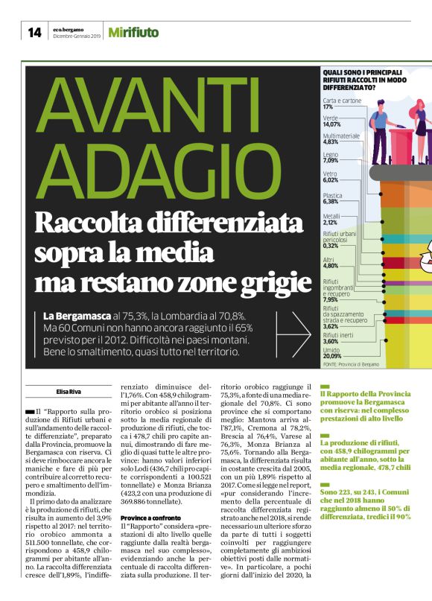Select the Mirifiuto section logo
(133, 32)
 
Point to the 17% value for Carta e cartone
(328, 106)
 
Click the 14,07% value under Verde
(331, 124)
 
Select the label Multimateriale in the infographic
(342, 136)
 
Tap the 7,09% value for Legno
(331, 160)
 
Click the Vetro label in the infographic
(330, 174)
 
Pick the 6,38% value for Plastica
(331, 201)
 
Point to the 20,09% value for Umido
(332, 356)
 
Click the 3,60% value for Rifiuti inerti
(331, 341)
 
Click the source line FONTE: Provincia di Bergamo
(351, 364)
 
